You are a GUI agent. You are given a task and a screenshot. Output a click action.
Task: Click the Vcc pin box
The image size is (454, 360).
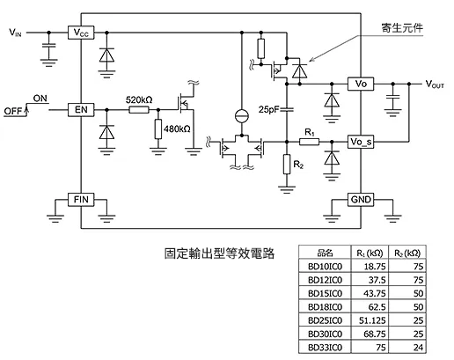pos(80,33)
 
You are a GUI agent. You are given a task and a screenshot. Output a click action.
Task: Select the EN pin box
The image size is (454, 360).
pos(80,111)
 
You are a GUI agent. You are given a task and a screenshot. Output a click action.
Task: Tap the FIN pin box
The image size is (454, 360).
pos(80,200)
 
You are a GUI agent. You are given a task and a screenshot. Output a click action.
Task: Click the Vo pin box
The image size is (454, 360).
pos(362,84)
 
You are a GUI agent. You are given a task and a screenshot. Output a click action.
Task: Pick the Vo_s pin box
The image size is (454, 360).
pos(362,141)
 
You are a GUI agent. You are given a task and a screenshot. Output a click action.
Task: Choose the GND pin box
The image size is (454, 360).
pos(362,199)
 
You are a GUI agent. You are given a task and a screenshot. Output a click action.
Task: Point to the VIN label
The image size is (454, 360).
pos(16,33)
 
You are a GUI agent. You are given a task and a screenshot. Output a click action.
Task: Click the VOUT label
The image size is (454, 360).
pos(435,84)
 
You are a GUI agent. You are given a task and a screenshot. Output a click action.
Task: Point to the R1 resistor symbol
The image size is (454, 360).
pos(308,141)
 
